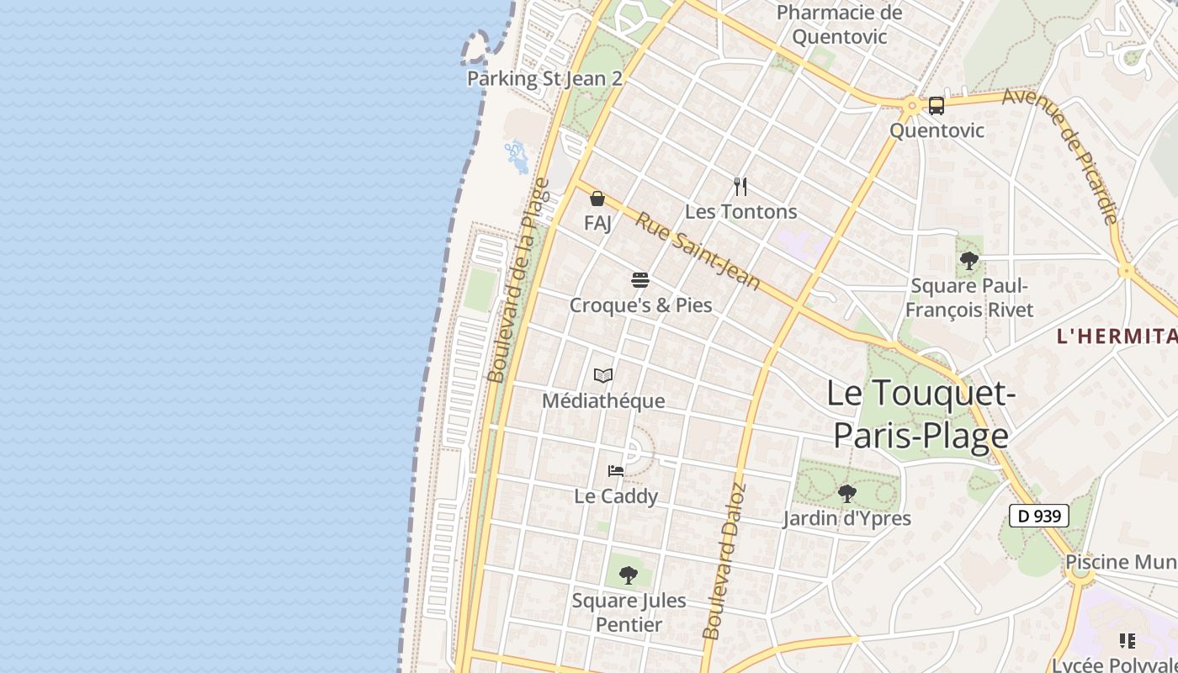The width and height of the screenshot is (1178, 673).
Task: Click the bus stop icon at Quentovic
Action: pos(936,106)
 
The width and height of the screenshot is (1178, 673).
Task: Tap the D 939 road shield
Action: pos(1039,516)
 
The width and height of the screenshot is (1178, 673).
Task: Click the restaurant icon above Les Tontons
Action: pos(740,186)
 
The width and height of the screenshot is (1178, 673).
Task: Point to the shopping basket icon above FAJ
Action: pos(597,199)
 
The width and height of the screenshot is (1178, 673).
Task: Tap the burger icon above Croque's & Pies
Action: pos(640,280)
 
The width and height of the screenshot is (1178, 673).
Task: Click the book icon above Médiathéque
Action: pos(602,375)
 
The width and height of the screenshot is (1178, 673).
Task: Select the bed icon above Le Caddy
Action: pos(616,471)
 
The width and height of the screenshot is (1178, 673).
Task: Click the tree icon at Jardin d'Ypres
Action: pos(846,493)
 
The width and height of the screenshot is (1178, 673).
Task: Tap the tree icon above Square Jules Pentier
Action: pos(628,575)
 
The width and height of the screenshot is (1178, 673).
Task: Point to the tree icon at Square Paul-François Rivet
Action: pos(968,261)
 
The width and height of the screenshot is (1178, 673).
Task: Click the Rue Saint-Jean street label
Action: pos(698,251)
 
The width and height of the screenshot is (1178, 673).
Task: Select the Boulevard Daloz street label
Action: pos(724,560)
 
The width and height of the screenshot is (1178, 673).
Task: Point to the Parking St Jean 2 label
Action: pos(544,79)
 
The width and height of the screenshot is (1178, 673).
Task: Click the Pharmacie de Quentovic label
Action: pos(839,24)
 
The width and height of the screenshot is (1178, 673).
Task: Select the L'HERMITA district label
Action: pos(1117,336)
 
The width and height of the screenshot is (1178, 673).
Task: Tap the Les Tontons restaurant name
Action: pos(740,211)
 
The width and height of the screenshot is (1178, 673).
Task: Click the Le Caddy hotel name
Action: pos(616,496)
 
